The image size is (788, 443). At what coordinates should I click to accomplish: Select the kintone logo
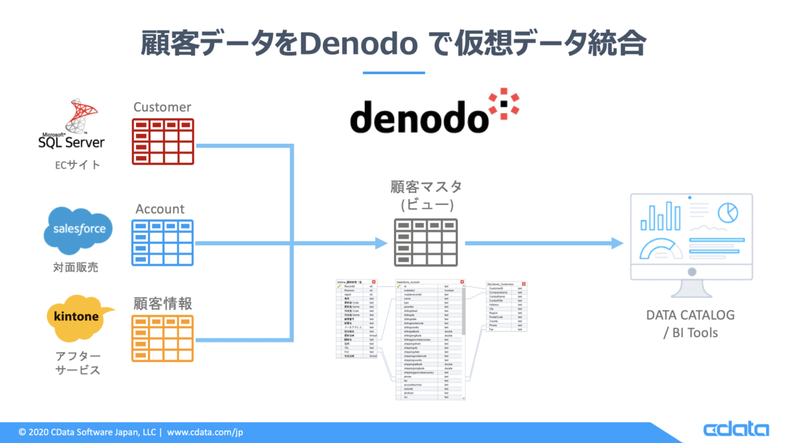point(77,318)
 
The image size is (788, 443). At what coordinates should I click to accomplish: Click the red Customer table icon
point(163,141)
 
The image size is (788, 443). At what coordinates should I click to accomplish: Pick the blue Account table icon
point(163,243)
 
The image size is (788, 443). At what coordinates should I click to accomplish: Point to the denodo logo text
point(418,117)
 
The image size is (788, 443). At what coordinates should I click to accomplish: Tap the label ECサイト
point(77,165)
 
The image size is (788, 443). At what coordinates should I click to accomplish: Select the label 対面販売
point(77,268)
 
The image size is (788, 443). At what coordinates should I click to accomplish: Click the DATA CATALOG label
point(690,315)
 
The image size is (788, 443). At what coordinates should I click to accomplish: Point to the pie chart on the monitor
point(727,212)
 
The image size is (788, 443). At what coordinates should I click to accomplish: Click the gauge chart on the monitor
point(663,249)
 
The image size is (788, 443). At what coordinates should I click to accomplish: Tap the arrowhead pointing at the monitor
point(616,243)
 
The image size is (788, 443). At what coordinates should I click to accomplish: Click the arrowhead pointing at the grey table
point(380,243)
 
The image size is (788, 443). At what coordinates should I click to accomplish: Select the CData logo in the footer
point(735,430)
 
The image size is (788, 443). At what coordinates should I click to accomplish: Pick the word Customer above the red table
point(162,107)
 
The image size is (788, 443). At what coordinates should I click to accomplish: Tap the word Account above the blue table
point(160,209)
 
